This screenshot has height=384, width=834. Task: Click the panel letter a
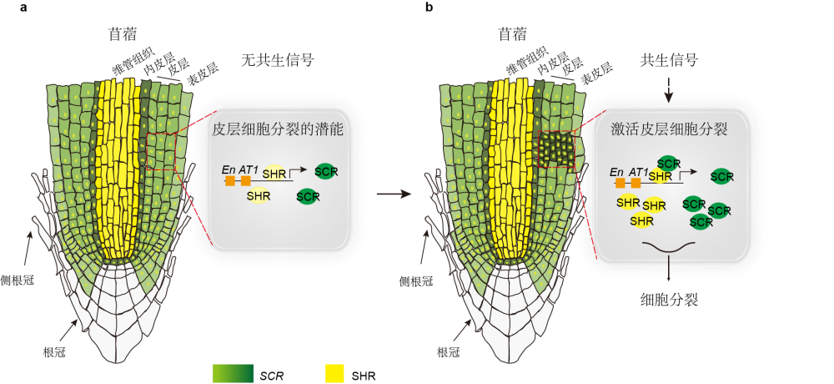[x=35, y=8]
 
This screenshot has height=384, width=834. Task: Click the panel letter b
[x=429, y=8]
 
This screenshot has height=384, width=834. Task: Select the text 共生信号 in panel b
[x=668, y=60]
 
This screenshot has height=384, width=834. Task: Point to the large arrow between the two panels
[x=394, y=195]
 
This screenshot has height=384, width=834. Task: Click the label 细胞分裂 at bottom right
[x=669, y=299]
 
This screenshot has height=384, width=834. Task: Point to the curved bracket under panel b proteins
[x=669, y=246]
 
